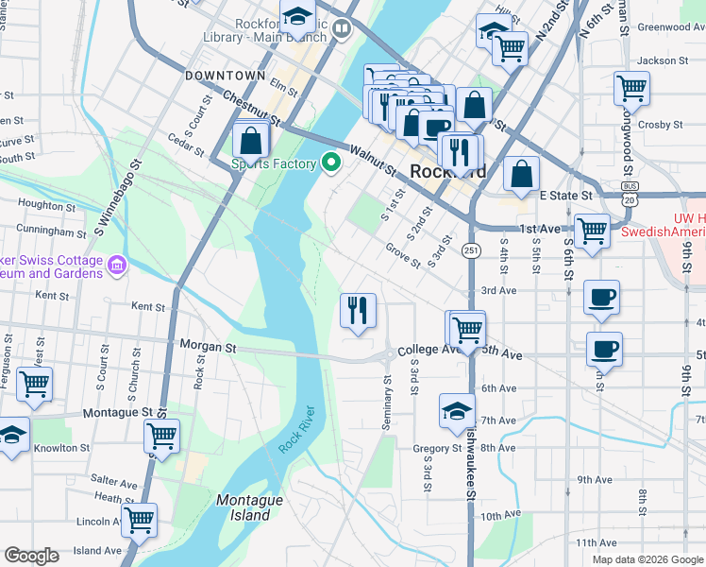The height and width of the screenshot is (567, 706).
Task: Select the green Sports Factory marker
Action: tap(330, 163)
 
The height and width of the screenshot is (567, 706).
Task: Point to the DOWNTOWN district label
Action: tap(226, 75)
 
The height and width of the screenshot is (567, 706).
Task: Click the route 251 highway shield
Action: tap(469, 249)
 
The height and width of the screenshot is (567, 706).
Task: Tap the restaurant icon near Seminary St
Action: tap(358, 310)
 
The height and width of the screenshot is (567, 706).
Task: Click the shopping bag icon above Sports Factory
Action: tap(252, 140)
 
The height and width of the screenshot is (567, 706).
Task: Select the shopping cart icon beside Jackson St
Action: tap(631, 88)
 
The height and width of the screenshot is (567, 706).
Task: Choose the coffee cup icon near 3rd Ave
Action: tap(601, 298)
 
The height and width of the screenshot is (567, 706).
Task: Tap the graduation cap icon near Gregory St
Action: tap(457, 411)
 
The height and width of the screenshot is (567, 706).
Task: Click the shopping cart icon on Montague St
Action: tap(161, 436)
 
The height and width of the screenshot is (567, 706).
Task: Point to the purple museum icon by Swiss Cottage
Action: tap(117, 265)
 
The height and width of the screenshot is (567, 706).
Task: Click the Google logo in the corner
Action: tap(31, 556)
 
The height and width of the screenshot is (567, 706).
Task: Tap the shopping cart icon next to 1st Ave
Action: tap(592, 230)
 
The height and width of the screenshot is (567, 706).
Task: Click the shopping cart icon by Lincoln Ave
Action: tap(139, 519)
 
